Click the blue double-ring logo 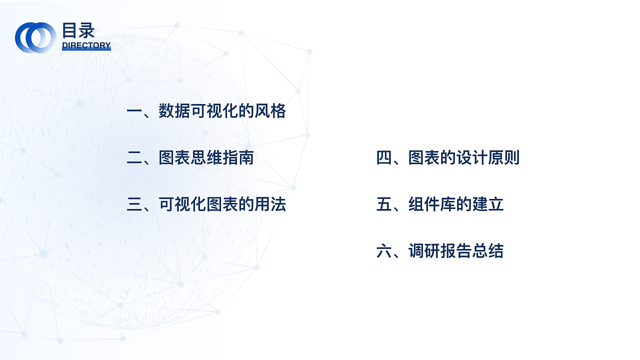coord(35,37)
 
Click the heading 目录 coord(78,30)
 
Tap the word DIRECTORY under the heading coord(86,45)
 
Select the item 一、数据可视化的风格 coord(206,111)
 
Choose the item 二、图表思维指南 coord(190,158)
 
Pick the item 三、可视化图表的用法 coord(206,204)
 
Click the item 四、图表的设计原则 coord(448,158)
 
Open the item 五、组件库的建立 coord(440,204)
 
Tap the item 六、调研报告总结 coord(440,251)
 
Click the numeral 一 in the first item coord(134,111)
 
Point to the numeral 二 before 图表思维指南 coord(134,158)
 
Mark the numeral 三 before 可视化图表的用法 coord(134,205)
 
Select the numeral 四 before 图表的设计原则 coord(384,158)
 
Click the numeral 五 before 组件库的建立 coord(384,205)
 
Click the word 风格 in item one coord(270,111)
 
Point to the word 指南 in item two coord(238,158)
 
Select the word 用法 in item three coord(270,204)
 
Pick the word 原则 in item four coord(504,158)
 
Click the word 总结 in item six coord(488,251)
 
